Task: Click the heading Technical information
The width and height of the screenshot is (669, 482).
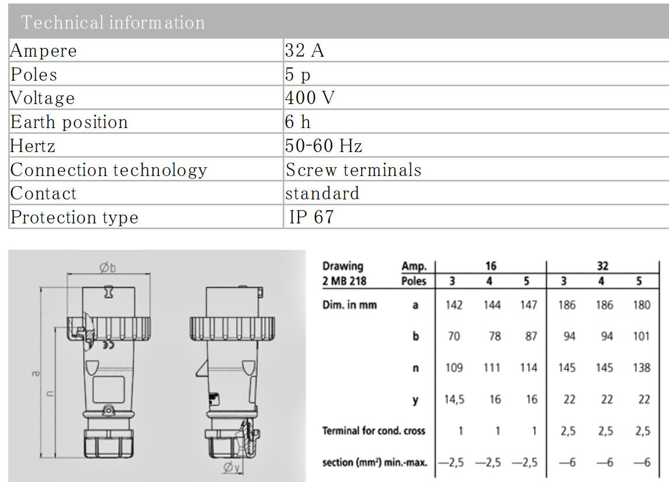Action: click(x=113, y=22)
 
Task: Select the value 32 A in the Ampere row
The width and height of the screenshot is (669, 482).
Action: click(x=304, y=51)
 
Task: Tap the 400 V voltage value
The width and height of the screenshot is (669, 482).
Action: click(x=310, y=98)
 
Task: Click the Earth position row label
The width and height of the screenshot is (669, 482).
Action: click(x=69, y=122)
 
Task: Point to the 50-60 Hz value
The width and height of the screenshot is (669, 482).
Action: click(x=323, y=145)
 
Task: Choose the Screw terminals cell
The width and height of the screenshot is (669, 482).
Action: click(x=353, y=170)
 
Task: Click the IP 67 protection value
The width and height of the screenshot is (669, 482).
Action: click(x=311, y=217)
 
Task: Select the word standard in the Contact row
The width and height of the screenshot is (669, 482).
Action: click(x=322, y=193)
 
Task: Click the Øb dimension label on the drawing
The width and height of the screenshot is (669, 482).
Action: click(x=108, y=267)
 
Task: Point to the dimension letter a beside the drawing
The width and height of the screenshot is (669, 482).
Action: click(x=37, y=373)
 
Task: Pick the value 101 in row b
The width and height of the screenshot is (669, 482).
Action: click(x=641, y=337)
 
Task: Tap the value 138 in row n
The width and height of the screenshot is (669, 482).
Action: click(x=641, y=368)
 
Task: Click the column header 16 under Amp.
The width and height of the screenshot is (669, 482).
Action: click(x=491, y=266)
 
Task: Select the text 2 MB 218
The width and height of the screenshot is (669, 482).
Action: click(x=345, y=280)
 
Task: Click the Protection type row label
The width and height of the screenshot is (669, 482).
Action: click(x=75, y=217)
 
